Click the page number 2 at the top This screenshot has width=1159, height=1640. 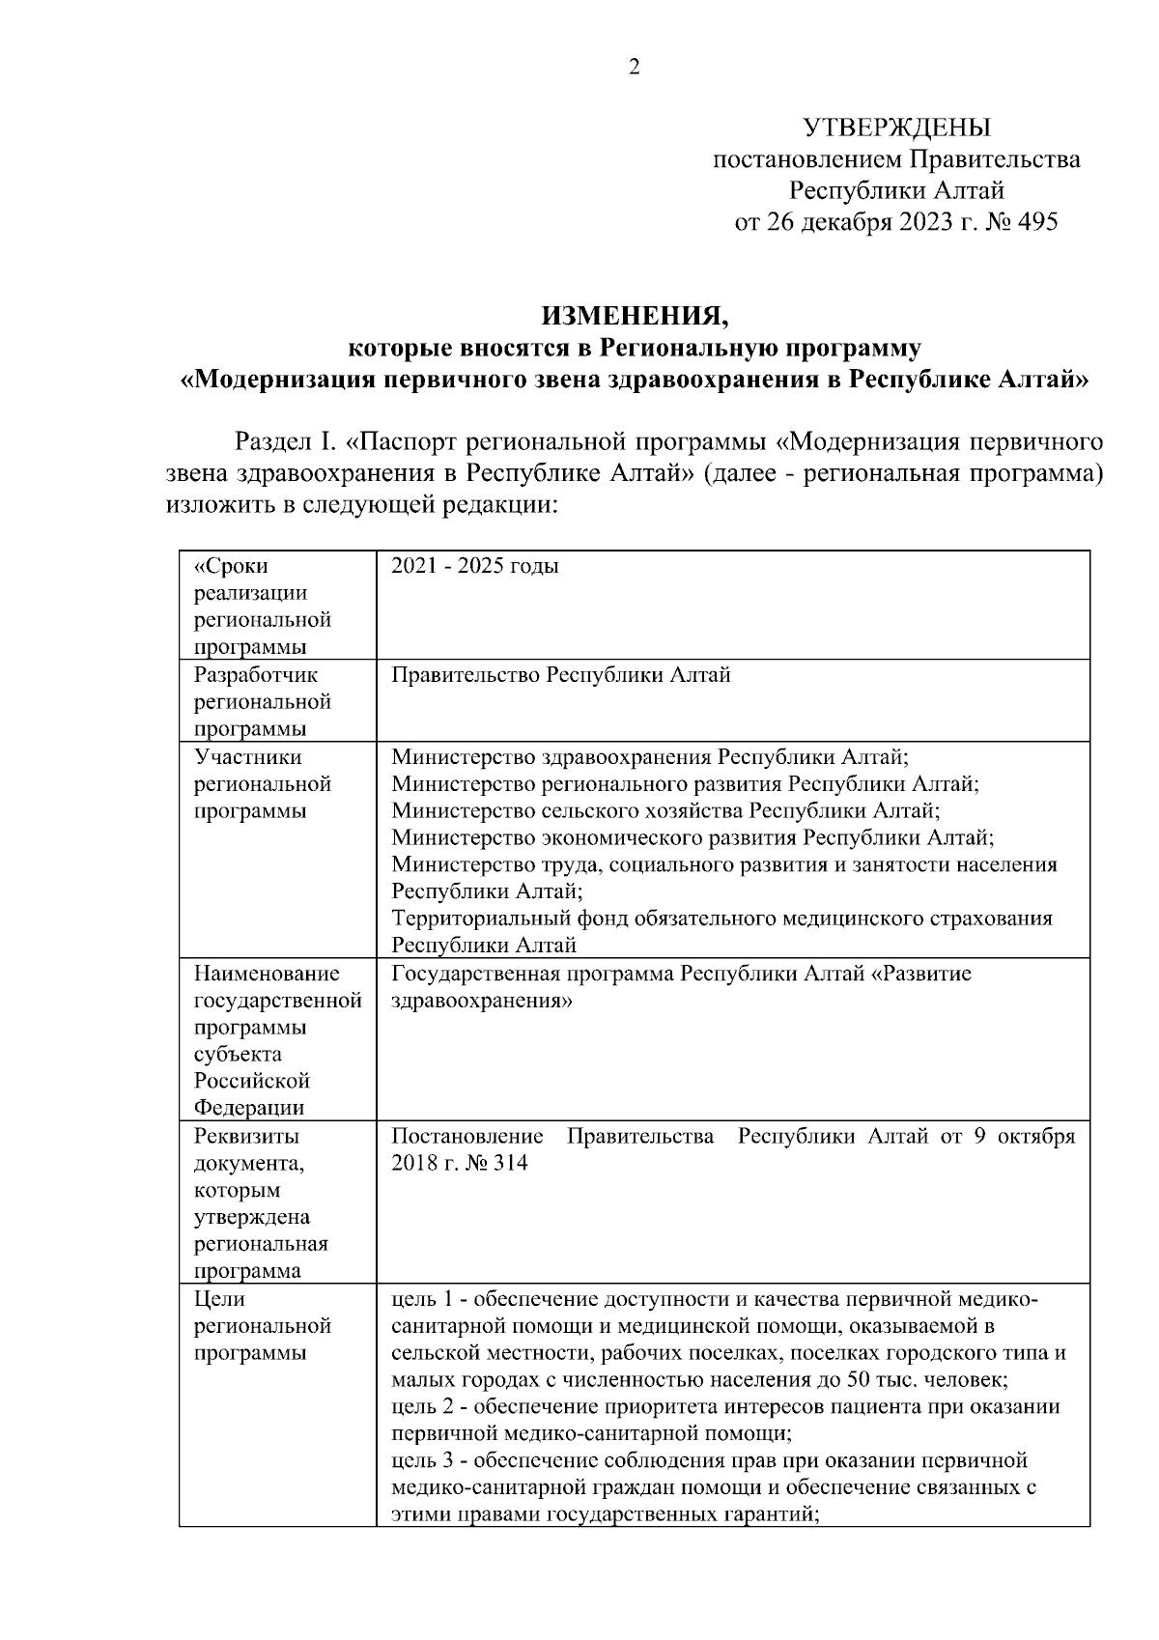coord(635,67)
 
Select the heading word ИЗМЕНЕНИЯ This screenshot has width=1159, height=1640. coord(634,316)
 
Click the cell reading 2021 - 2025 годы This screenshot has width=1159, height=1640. coord(474,566)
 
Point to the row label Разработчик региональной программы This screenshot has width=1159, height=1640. coord(263,700)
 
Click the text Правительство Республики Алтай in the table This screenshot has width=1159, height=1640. coord(560,674)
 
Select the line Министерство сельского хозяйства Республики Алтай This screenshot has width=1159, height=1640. coord(665,810)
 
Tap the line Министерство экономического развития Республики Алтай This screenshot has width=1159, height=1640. coord(693,837)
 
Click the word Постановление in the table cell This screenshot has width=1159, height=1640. coord(466,1136)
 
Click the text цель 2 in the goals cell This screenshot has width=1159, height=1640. coord(422,1406)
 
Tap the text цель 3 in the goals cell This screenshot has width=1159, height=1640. coord(422,1460)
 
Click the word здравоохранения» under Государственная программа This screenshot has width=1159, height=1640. coord(482,1001)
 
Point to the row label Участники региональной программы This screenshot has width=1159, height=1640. coord(263,783)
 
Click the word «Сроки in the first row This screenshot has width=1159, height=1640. coord(232,566)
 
